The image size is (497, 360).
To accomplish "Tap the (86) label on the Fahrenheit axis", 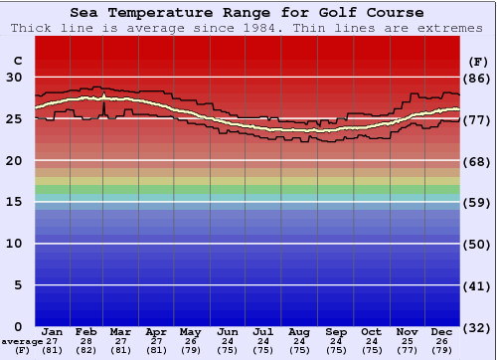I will click(477, 78).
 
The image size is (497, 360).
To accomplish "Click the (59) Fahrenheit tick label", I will click(477, 202).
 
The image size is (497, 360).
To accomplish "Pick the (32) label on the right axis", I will click(477, 326).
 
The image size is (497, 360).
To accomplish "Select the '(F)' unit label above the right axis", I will click(477, 61).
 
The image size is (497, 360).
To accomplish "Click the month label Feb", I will click(86, 331).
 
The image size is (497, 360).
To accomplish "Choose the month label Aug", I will click(299, 331).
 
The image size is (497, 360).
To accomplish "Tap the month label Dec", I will click(443, 331).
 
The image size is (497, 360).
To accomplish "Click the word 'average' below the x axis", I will click(22, 341).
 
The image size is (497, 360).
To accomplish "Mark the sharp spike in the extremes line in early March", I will click(103, 102).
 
